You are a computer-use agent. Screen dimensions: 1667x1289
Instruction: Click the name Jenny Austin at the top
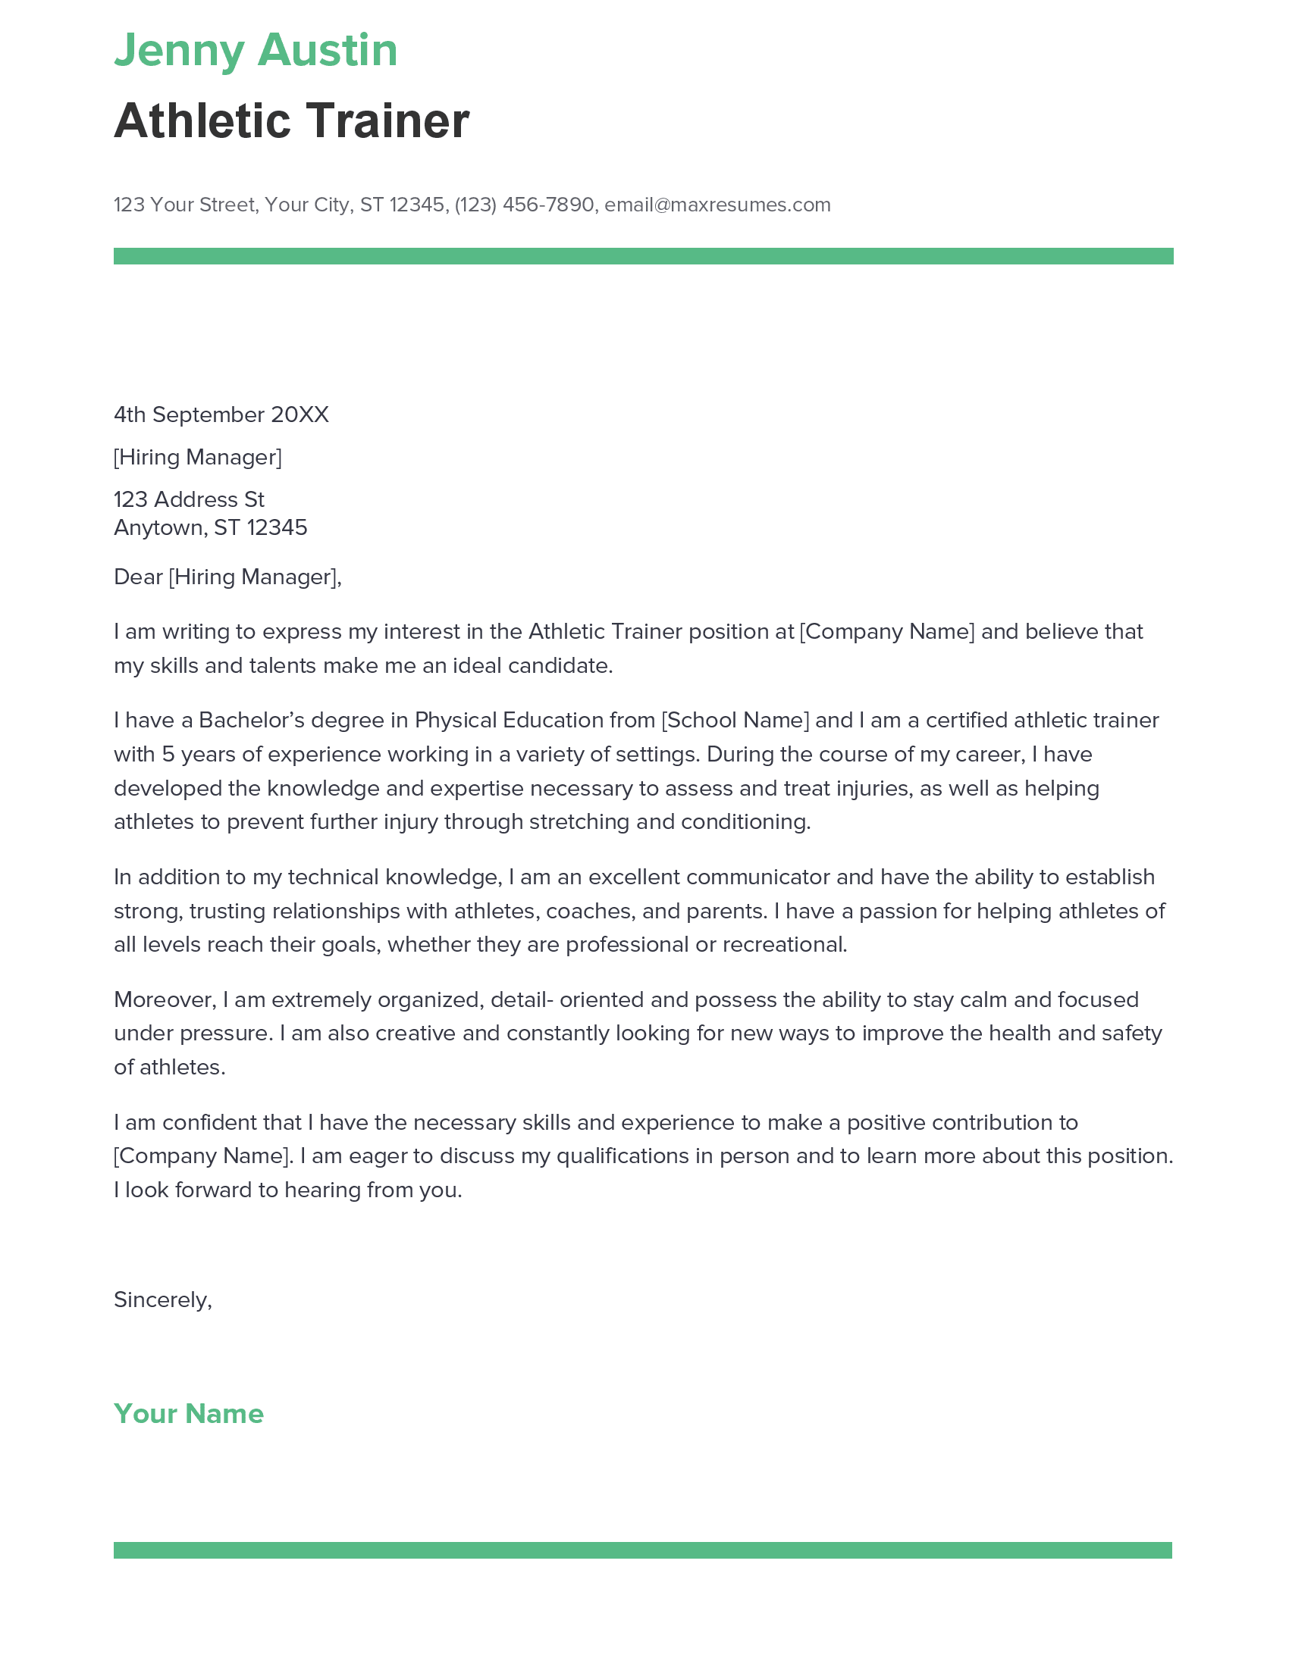[255, 51]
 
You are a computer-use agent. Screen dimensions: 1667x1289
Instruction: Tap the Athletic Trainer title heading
[291, 121]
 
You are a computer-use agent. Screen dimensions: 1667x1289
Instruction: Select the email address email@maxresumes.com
[717, 205]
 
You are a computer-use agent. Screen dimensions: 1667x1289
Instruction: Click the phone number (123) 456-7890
[524, 205]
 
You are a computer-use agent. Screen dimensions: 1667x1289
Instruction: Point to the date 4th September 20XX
[221, 414]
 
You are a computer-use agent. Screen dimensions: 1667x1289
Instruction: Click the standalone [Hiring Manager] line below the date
[197, 457]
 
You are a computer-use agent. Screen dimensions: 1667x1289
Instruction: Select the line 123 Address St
[189, 499]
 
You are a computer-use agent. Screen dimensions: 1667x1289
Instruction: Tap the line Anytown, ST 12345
[210, 527]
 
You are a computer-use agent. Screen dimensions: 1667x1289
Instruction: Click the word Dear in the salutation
[137, 577]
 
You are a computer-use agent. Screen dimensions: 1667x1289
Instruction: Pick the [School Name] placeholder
[735, 720]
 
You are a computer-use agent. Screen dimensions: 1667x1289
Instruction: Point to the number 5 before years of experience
[168, 754]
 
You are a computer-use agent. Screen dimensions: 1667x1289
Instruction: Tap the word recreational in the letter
[784, 944]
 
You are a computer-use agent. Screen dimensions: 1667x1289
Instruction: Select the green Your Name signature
[189, 1414]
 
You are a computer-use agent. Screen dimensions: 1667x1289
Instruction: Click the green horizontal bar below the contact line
[643, 255]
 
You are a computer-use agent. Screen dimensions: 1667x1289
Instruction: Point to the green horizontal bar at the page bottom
[642, 1550]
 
